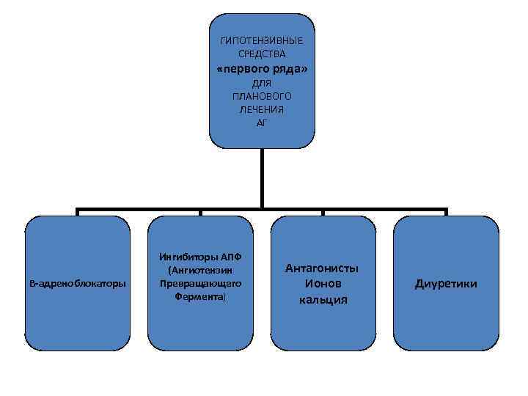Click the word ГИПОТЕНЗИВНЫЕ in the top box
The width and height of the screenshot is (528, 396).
tap(262, 40)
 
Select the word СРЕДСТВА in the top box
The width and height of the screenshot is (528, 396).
tap(262, 54)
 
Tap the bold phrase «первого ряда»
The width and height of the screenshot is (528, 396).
tap(262, 69)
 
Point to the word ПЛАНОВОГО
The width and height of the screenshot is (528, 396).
tap(262, 96)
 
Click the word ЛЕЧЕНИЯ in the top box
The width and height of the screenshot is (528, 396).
tap(262, 109)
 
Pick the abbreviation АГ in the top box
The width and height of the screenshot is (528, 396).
tap(262, 122)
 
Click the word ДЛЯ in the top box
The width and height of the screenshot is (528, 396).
tap(262, 83)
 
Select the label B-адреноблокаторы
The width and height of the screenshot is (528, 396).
tap(77, 283)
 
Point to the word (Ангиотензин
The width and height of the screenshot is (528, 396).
tap(200, 270)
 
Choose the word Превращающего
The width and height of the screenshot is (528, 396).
tap(200, 283)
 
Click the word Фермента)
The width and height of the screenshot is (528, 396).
tap(200, 296)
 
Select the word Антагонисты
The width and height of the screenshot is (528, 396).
tap(322, 268)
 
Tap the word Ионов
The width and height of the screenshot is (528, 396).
tap(322, 283)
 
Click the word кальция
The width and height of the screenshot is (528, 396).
tap(322, 299)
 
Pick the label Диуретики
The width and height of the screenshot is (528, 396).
tap(446, 283)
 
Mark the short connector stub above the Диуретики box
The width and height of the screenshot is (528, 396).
tap(445, 212)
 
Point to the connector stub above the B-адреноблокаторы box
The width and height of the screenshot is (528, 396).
tap(77, 212)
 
